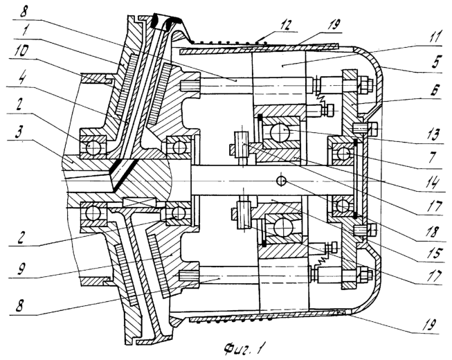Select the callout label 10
tap(22, 51)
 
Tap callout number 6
tap(435, 91)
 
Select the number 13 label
tap(433, 135)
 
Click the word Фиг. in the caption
tap(234, 349)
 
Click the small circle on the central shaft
tap(281, 181)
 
